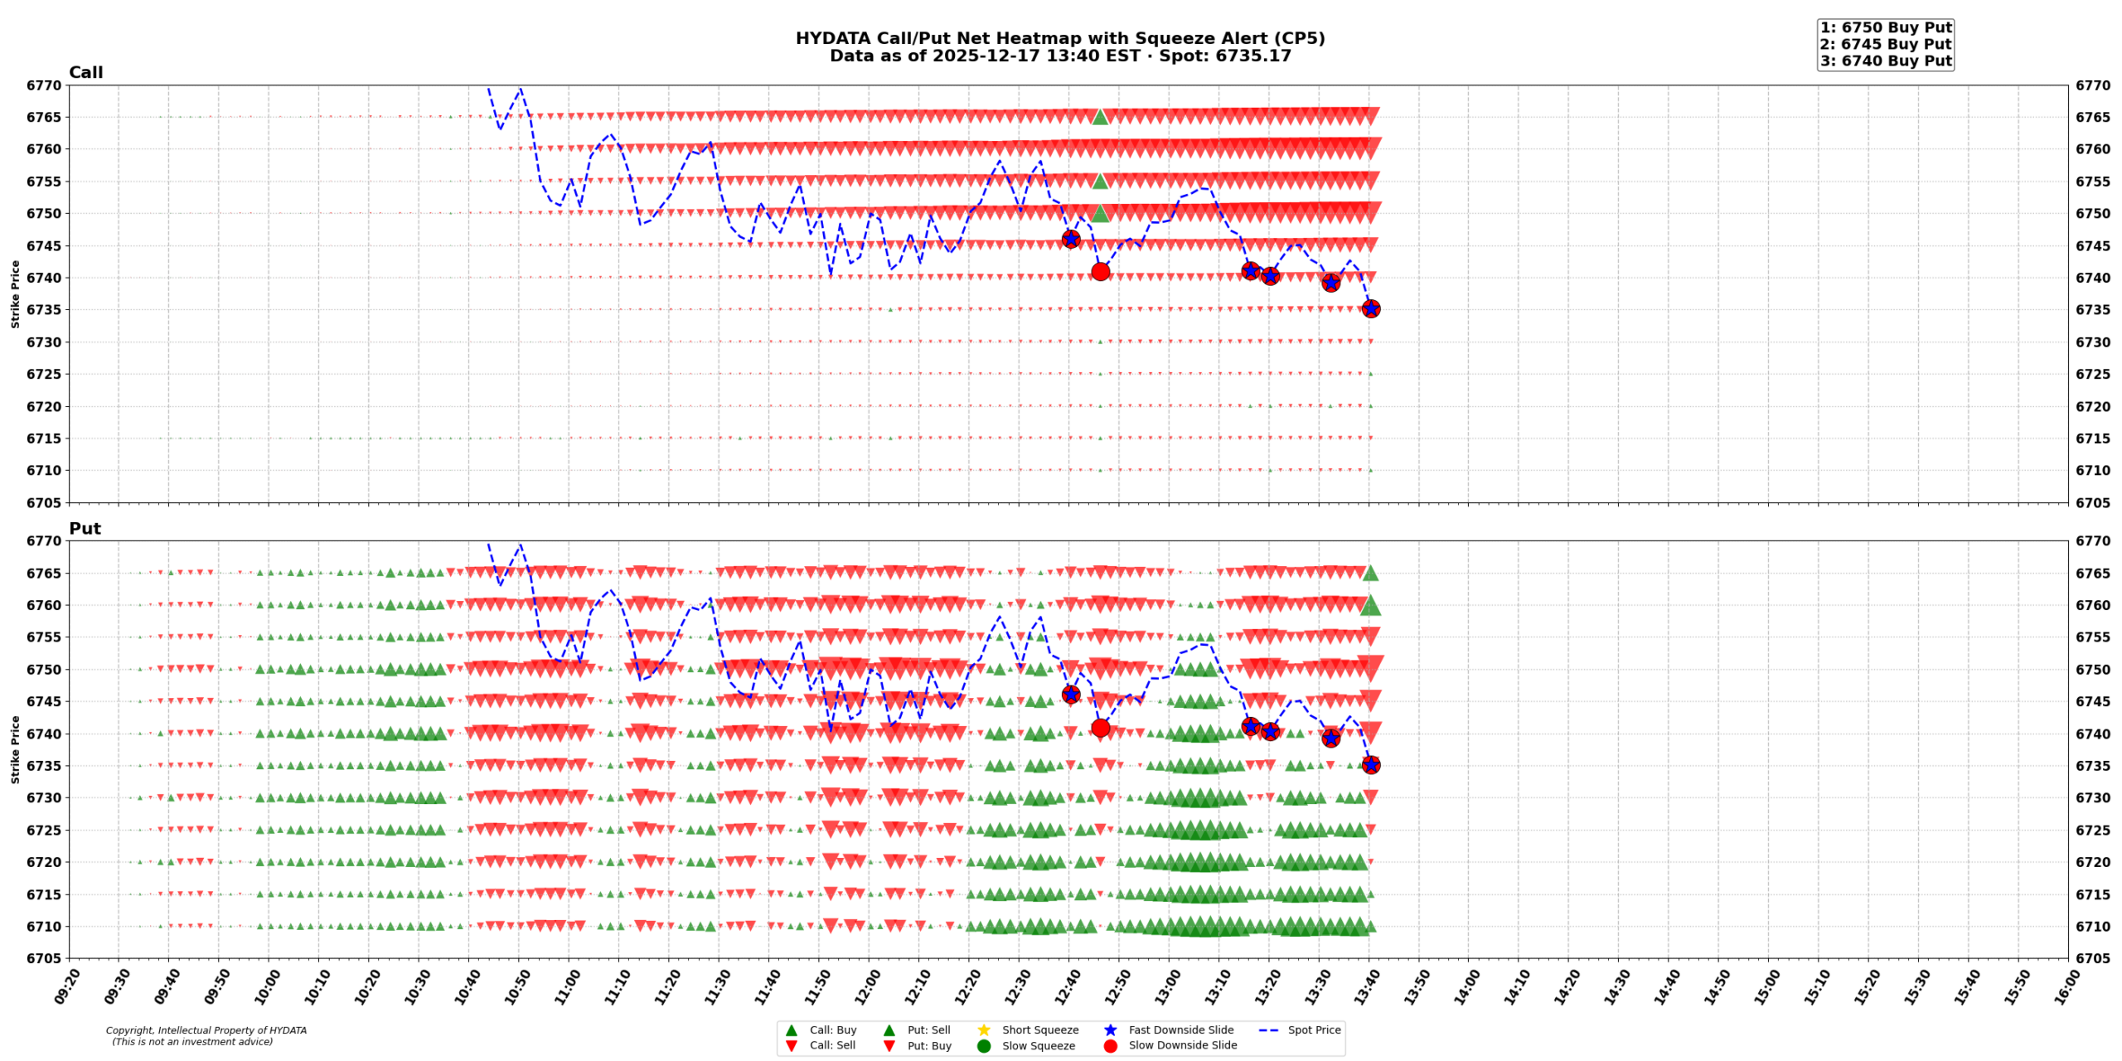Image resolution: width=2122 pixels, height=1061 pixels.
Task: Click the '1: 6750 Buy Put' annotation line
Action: tap(1885, 27)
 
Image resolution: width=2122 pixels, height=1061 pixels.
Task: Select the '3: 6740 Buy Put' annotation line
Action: tap(1885, 61)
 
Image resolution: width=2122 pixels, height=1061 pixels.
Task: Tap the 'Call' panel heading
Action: tap(85, 72)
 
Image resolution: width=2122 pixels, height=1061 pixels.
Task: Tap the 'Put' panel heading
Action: tap(85, 528)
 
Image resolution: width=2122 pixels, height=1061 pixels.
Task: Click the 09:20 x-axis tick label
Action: tap(68, 986)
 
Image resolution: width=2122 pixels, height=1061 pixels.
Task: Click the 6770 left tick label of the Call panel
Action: tap(44, 85)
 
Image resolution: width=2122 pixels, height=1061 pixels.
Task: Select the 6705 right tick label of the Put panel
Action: tap(2093, 958)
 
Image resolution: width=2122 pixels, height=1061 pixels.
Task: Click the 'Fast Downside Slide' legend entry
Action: tap(1180, 1030)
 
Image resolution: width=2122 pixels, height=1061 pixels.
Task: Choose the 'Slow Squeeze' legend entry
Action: tap(1038, 1045)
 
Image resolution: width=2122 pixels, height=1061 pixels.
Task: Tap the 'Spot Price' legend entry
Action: tap(1313, 1030)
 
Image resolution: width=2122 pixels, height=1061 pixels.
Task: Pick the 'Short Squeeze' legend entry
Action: tap(1039, 1030)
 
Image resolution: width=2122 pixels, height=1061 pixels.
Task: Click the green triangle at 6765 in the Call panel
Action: tap(1100, 117)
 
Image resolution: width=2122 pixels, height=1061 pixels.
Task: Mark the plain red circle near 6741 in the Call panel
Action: tap(1100, 271)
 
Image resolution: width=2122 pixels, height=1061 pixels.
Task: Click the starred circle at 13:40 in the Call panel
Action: tap(1370, 308)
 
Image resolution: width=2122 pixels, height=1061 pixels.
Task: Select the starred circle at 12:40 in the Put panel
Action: tap(1070, 694)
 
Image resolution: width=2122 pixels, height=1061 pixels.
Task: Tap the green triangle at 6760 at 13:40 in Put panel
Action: tap(1370, 606)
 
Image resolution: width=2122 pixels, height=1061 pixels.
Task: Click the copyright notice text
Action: tap(206, 1035)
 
